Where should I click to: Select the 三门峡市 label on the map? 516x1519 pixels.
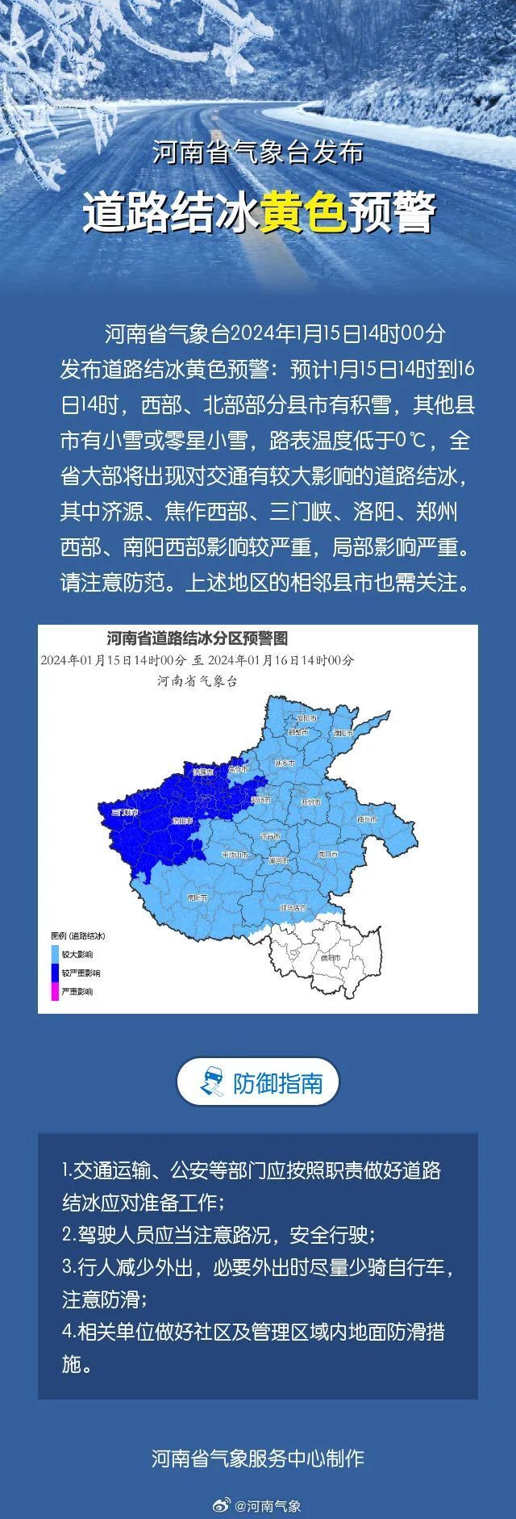(x=126, y=810)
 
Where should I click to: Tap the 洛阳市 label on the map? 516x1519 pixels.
(x=182, y=820)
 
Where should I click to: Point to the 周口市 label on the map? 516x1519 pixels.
(x=327, y=852)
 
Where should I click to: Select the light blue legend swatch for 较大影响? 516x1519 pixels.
(x=55, y=954)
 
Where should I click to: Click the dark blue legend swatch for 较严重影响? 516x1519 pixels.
(x=55, y=973)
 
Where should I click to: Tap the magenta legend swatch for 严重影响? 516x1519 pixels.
(x=55, y=991)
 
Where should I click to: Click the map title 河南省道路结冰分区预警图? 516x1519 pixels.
(x=197, y=638)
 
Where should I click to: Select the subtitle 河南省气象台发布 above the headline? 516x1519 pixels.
(x=258, y=153)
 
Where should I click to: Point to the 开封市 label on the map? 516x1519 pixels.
(x=310, y=802)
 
